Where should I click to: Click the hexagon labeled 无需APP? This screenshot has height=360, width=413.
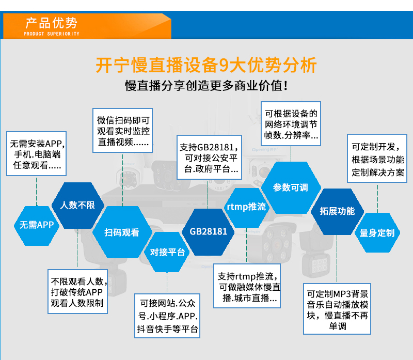(37, 226)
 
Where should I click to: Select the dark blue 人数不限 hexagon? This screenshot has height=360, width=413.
(78, 205)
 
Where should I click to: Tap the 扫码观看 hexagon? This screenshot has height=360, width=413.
(122, 232)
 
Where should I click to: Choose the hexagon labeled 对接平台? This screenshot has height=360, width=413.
(167, 252)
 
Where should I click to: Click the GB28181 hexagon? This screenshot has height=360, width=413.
(208, 232)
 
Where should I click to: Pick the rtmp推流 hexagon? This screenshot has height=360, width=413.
(247, 208)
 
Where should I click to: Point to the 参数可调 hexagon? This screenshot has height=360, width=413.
(291, 187)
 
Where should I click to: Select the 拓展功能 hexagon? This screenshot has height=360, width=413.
(338, 211)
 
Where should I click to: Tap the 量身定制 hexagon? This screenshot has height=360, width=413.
(377, 233)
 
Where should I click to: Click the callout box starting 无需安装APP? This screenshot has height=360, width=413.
(36, 153)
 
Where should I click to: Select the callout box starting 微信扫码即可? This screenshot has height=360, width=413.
(123, 131)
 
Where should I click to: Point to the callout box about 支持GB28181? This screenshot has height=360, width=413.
(210, 158)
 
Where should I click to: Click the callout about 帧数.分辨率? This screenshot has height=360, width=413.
(291, 123)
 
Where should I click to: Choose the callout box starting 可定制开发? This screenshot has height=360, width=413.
(377, 159)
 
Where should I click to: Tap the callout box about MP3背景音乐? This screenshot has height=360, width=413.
(337, 309)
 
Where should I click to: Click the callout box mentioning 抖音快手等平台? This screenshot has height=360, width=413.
(167, 316)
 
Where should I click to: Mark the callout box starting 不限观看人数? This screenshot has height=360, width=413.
(78, 291)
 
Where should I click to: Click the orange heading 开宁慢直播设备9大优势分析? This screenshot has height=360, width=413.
(206, 65)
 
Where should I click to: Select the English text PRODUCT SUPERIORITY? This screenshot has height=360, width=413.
(51, 34)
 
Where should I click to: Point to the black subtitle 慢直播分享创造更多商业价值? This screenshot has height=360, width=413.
(206, 86)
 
